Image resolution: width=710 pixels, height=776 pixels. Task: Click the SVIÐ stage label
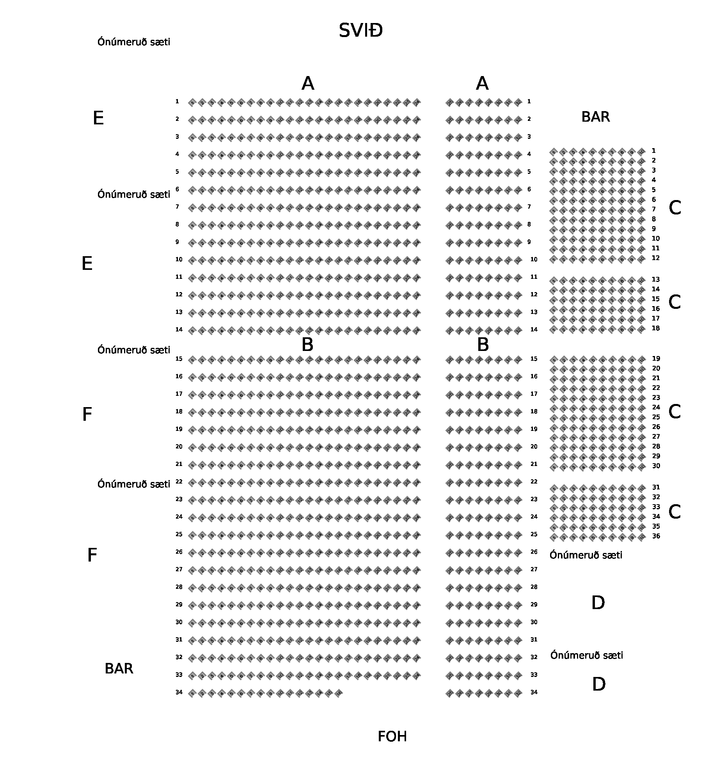[x=360, y=31]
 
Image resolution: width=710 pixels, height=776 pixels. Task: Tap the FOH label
[x=392, y=737]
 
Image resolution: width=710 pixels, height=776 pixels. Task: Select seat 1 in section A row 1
[x=192, y=103]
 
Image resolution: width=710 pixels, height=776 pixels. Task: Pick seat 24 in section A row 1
[x=417, y=103]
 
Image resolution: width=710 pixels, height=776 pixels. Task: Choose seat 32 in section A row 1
[x=518, y=103]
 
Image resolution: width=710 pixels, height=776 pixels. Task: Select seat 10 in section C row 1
[x=641, y=151]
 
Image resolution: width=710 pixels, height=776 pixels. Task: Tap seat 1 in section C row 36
[x=554, y=537]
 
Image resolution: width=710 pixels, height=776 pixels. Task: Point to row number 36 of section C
[x=656, y=536]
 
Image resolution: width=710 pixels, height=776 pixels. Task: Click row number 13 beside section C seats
[x=656, y=280]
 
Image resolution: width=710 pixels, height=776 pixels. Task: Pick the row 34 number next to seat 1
[x=179, y=692]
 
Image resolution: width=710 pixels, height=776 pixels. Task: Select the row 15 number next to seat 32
[x=534, y=359]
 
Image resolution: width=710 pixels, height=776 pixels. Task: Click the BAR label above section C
[x=595, y=117]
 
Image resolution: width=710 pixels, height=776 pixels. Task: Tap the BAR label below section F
[x=119, y=669]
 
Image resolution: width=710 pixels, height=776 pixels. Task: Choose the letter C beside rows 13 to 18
[x=674, y=302]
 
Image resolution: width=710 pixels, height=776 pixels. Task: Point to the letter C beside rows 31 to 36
[x=674, y=512]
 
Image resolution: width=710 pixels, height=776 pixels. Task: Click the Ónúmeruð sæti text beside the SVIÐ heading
[x=134, y=42]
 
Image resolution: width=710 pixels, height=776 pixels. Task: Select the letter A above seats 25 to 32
[x=482, y=83]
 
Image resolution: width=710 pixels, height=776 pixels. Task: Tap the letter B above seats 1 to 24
[x=307, y=345]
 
